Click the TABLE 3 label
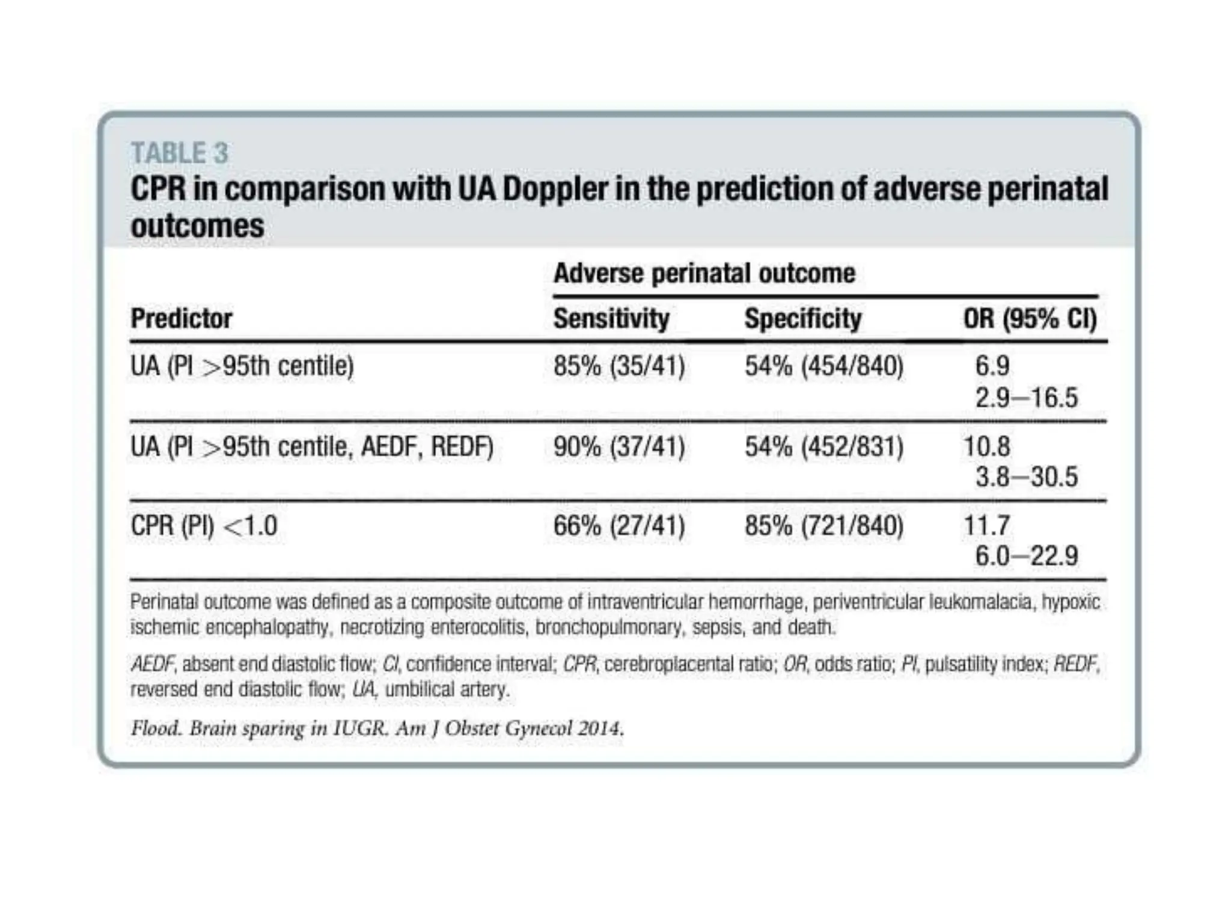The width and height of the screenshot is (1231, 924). [x=180, y=153]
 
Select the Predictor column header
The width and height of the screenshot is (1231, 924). [x=181, y=318]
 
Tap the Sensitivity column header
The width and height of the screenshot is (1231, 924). [x=611, y=318]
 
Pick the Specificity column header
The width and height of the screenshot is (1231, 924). [x=802, y=318]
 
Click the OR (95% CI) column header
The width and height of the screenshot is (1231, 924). [x=1030, y=318]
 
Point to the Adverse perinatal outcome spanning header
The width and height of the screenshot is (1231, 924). [x=704, y=274]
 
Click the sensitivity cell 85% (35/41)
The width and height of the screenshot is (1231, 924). [x=619, y=366]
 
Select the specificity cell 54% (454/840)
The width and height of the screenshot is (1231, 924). [x=824, y=366]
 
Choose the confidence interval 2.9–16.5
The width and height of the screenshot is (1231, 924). [x=1026, y=398]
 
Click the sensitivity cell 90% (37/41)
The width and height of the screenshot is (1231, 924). [x=619, y=447]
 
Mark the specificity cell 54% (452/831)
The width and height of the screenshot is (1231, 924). [x=824, y=447]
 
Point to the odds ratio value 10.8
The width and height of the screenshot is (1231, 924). [x=987, y=447]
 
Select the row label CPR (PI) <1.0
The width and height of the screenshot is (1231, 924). [x=204, y=526]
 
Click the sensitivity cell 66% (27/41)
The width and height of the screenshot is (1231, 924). [x=619, y=526]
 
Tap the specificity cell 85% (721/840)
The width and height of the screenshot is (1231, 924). [x=824, y=526]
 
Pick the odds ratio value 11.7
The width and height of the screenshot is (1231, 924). [x=987, y=526]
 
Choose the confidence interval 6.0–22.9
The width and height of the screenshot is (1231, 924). [x=1026, y=556]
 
